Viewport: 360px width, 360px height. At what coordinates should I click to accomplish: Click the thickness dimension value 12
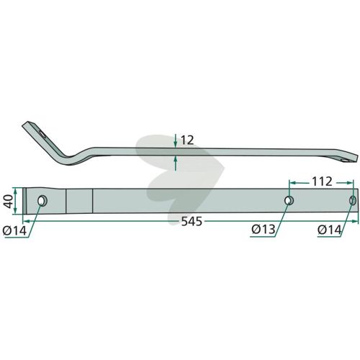187,140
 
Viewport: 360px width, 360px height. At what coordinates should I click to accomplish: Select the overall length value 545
192,222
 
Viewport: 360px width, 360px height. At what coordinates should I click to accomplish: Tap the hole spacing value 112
322,181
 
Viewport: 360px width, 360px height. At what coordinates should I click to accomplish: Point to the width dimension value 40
9,202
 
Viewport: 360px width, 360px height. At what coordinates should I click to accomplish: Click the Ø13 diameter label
264,230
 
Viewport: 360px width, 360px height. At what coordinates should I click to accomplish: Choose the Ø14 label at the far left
14,231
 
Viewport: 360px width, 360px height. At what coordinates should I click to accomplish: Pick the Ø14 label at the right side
329,230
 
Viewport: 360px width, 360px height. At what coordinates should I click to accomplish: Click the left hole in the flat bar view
42,201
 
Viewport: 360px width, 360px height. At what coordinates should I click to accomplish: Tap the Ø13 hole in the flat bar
289,200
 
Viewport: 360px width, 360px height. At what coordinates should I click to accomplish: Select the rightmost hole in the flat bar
353,200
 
